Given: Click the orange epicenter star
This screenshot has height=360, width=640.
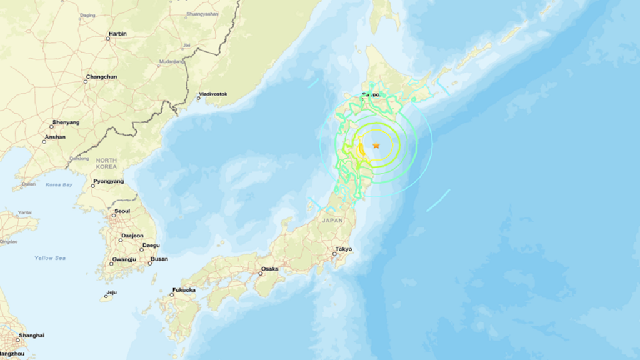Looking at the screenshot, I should (x=376, y=146).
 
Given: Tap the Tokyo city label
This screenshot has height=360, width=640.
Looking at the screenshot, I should (x=344, y=249).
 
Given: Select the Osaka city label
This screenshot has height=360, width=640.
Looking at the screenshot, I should (x=269, y=269).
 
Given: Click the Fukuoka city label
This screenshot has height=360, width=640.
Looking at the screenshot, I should (x=184, y=290).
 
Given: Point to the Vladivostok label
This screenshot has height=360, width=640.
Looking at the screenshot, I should (x=213, y=94).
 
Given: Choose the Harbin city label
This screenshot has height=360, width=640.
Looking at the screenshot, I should (x=117, y=34).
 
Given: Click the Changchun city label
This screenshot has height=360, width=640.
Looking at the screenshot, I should (x=101, y=77).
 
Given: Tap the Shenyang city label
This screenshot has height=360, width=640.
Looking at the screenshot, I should (x=66, y=122).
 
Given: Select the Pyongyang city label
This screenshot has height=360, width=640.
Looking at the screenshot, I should (x=108, y=181).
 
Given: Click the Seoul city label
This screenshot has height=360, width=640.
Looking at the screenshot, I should (x=122, y=211).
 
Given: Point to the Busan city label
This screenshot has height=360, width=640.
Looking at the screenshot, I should (x=159, y=259).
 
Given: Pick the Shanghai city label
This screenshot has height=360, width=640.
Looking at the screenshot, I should (x=31, y=336).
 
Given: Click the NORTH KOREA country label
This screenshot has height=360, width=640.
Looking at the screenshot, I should (x=106, y=164).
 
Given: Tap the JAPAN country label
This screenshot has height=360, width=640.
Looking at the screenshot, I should (x=332, y=221).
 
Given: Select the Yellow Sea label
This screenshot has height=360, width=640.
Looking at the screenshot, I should (x=50, y=257).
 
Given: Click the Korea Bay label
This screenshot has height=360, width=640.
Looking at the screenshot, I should (x=59, y=185).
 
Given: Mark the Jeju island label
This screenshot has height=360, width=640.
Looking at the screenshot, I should (x=111, y=292).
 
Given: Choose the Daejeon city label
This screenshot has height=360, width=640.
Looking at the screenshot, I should (x=132, y=236).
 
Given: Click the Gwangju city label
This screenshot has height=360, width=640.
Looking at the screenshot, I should (x=124, y=259).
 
